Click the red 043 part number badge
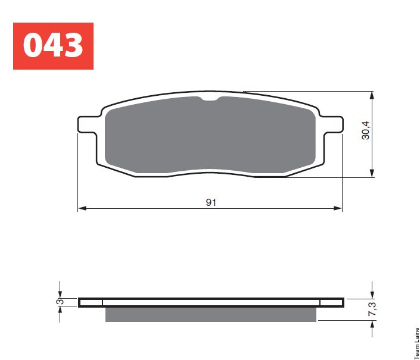[53, 46]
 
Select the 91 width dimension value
[211, 202]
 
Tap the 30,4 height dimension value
[366, 130]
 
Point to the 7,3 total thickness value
[372, 309]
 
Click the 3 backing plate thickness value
[61, 302]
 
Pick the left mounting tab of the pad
[88, 124]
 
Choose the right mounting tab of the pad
[332, 124]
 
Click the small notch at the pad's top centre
[210, 99]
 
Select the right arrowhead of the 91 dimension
[338, 208]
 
